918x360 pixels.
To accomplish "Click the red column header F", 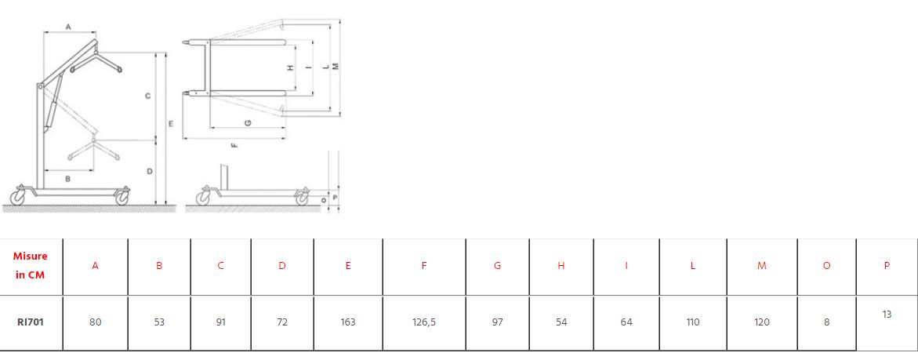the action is (424, 266).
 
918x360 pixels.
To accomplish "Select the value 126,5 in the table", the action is (424, 322).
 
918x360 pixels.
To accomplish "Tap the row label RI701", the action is (31, 322).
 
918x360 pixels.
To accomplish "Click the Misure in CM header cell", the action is (31, 265).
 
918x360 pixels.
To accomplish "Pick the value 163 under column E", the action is (348, 322).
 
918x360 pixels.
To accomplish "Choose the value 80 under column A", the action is (96, 322).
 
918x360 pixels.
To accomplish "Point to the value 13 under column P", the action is (887, 315).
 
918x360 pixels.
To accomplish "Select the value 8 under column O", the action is (826, 322).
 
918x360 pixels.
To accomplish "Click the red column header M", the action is (762, 266).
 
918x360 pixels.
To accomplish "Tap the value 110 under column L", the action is (692, 322).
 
